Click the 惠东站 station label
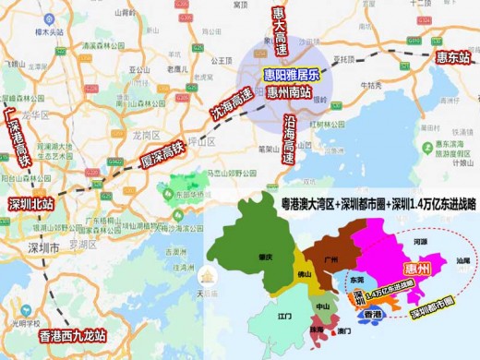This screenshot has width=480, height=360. pos(453,57)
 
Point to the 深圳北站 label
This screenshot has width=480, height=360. pos(31,203)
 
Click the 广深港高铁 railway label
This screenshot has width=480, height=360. pos(19,138)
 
